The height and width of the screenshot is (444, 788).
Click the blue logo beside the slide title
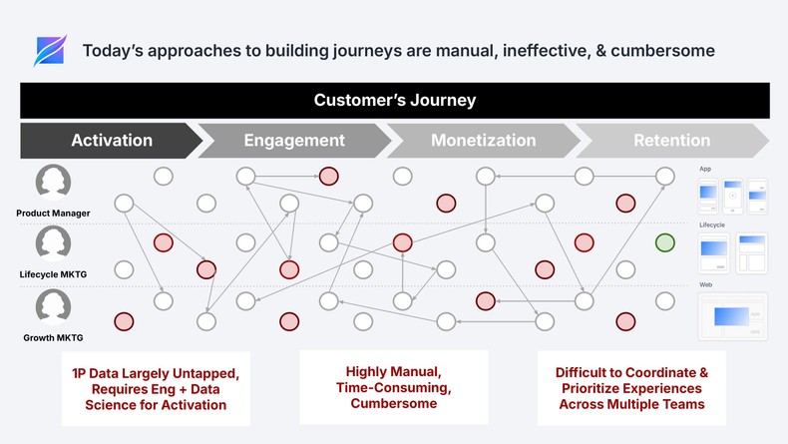tap(49, 51)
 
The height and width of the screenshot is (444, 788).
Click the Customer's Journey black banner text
tap(395, 100)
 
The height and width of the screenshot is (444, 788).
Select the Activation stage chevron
tap(112, 141)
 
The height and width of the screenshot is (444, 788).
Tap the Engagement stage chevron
tap(294, 141)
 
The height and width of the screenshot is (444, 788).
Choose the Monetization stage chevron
tap(484, 141)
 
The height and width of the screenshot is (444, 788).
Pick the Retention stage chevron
tap(671, 141)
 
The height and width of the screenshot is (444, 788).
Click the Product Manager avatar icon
tap(53, 184)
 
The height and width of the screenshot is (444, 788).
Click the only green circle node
tap(665, 242)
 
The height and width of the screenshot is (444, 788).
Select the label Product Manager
tap(53, 213)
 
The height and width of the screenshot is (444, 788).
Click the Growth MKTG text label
tap(53, 338)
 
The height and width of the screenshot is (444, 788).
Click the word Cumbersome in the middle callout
tap(394, 403)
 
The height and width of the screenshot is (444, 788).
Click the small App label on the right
tap(705, 169)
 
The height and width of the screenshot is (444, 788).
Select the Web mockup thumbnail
tap(732, 316)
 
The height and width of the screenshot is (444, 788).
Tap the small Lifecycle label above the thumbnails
tap(712, 225)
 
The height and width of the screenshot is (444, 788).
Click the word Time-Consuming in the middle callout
tap(394, 387)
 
